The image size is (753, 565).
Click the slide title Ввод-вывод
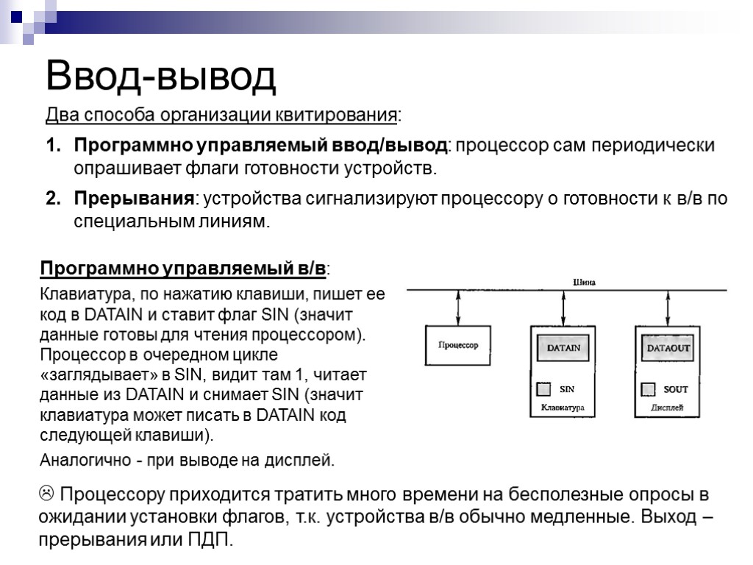(x=161, y=77)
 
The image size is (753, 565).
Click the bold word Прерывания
(x=133, y=199)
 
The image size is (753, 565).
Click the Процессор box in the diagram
(x=458, y=345)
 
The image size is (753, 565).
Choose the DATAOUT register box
(x=668, y=347)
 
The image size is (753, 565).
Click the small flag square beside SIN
(x=544, y=388)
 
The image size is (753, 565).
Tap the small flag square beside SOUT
(x=649, y=388)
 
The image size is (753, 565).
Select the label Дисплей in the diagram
(x=668, y=407)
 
